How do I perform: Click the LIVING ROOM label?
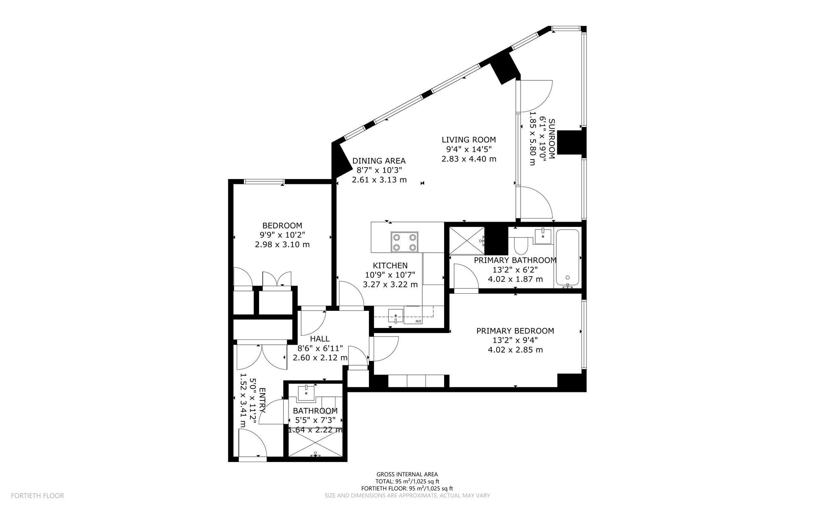pyautogui.click(x=469, y=140)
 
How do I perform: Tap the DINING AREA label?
pyautogui.click(x=379, y=161)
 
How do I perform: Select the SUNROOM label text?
pyautogui.click(x=552, y=139)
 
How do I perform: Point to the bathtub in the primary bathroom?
pyautogui.click(x=568, y=257)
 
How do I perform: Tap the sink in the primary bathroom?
pyautogui.click(x=543, y=236)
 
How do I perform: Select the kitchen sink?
pyautogui.click(x=396, y=316)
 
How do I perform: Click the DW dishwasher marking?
pyautogui.click(x=418, y=321)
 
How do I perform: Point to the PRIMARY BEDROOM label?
pyautogui.click(x=515, y=331)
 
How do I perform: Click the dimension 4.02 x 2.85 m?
pyautogui.click(x=515, y=350)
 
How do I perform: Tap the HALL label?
pyautogui.click(x=320, y=339)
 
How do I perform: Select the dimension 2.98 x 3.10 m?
pyautogui.click(x=282, y=244)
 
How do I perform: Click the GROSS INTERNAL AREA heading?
pyautogui.click(x=407, y=474)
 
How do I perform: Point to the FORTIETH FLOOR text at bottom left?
pyautogui.click(x=37, y=496)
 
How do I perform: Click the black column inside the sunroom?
pyautogui.click(x=570, y=142)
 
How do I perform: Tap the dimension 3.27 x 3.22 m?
pyautogui.click(x=390, y=285)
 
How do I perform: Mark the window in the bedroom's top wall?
pyautogui.click(x=264, y=181)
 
